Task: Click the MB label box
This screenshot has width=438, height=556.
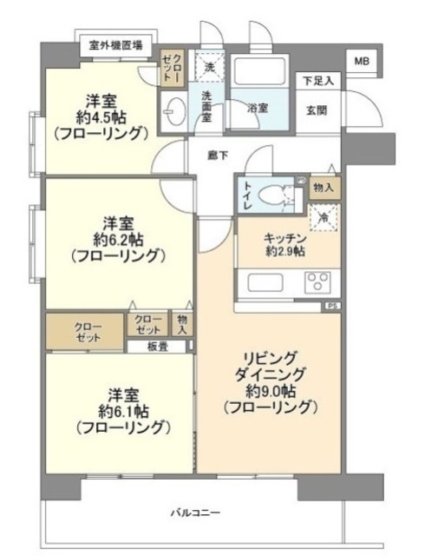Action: pyautogui.click(x=359, y=62)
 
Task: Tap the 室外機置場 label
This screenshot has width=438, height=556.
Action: pyautogui.click(x=116, y=44)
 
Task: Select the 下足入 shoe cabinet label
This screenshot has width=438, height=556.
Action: pyautogui.click(x=317, y=81)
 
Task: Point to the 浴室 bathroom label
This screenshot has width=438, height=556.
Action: pyautogui.click(x=258, y=109)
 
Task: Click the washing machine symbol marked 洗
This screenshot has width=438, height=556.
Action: pyautogui.click(x=209, y=66)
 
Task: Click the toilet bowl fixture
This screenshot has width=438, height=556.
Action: pyautogui.click(x=280, y=195)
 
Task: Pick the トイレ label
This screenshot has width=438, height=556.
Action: pyautogui.click(x=247, y=195)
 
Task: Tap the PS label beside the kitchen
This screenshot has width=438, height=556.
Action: pyautogui.click(x=332, y=306)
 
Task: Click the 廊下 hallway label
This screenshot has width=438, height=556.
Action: pyautogui.click(x=218, y=155)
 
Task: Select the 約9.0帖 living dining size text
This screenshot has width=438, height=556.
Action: pyautogui.click(x=271, y=389)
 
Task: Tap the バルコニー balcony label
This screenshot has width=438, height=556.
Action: pyautogui.click(x=195, y=512)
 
